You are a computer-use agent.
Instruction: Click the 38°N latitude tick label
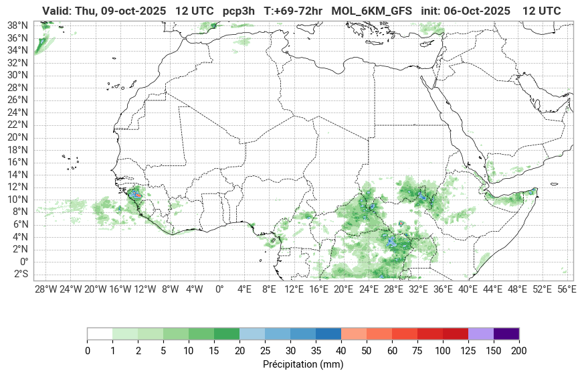(17, 25)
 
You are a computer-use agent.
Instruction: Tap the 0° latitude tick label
(23, 261)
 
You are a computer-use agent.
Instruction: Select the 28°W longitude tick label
(45, 289)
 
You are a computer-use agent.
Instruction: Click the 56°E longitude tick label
(567, 289)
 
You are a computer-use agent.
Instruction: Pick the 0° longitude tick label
(219, 289)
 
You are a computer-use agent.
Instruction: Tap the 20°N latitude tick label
(17, 137)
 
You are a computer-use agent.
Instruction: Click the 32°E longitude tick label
(418, 289)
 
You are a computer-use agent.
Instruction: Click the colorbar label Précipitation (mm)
(303, 365)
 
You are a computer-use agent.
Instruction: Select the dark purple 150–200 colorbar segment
(506, 333)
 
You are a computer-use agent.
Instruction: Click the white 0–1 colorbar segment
(100, 333)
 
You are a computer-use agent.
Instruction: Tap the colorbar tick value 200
(519, 350)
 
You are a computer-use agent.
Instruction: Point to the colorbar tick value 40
(341, 350)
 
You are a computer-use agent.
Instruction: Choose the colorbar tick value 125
(468, 350)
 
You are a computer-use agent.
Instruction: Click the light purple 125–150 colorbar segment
(481, 333)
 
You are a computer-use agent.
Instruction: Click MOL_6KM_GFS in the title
(371, 11)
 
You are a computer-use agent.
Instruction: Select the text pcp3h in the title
(239, 11)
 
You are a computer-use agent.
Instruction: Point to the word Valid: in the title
(58, 11)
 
